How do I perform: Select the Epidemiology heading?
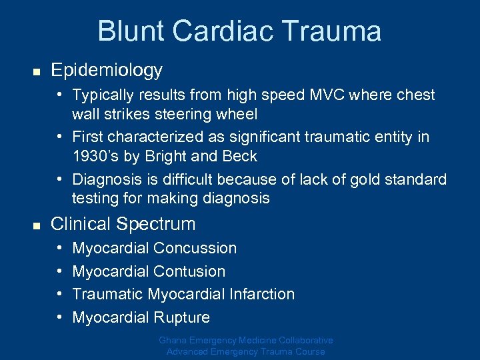point(106,70)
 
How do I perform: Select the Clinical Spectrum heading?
point(123,224)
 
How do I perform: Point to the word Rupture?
point(181,317)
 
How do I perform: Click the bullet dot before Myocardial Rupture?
point(61,317)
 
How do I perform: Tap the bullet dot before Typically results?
point(61,95)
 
